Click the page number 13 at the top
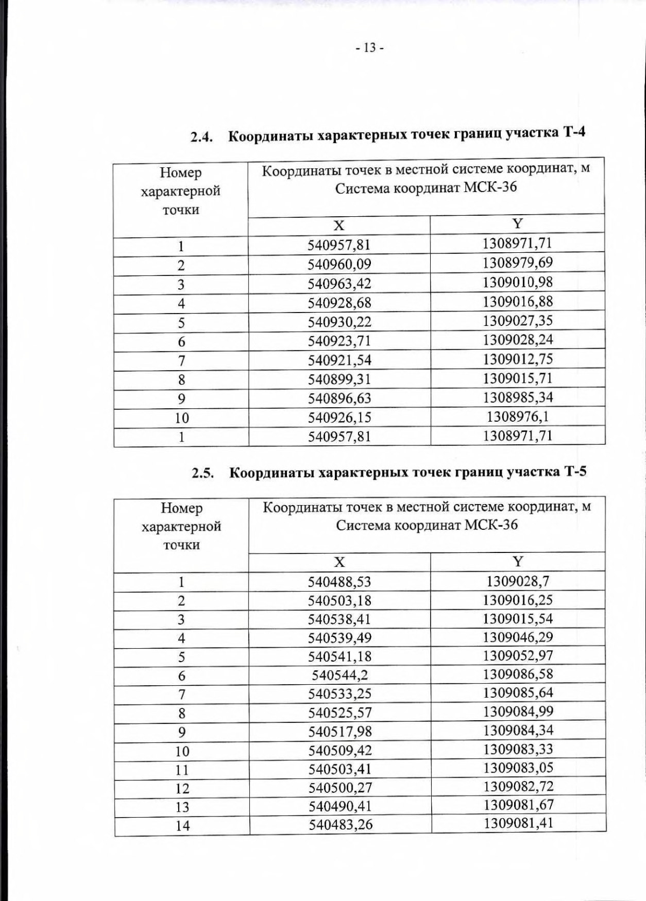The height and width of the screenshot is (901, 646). pos(369,48)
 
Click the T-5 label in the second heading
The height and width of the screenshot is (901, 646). pos(574,472)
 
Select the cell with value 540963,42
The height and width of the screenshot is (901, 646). pos(339,283)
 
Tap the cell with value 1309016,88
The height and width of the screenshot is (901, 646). pos(517,301)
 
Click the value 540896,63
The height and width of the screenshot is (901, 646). pos(339,399)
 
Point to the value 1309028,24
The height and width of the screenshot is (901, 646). pos(517,340)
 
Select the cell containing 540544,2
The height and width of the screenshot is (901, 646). pos(340,675)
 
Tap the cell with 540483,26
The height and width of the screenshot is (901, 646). pos(340,824)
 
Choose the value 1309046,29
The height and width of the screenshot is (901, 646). pos(517,637)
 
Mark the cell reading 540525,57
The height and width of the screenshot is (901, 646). pos(340,712)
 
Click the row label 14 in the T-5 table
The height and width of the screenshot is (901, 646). pos(182,825)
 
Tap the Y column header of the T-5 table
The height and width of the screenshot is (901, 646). pos(517,562)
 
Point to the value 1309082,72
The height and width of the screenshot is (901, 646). pos(517,786)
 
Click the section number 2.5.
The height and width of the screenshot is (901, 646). pos(203,473)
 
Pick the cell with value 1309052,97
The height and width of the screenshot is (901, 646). pos(517,656)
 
